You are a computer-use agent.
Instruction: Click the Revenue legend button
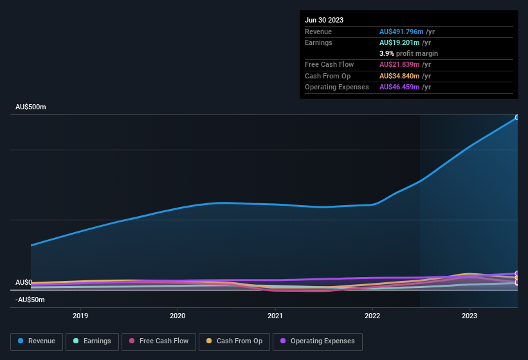[37, 341]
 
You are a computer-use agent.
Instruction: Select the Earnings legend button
[91, 341]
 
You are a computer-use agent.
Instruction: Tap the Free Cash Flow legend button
[159, 341]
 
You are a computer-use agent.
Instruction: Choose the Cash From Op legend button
[234, 341]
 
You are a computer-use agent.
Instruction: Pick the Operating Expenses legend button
[317, 341]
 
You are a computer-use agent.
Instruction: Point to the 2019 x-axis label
[80, 316]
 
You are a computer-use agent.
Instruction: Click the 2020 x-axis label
[178, 316]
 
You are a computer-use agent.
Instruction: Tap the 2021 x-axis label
[275, 316]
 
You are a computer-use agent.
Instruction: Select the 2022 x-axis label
[372, 316]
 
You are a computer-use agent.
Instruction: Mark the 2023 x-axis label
[469, 316]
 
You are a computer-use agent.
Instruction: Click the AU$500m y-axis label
[31, 107]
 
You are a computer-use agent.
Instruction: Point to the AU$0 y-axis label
[24, 283]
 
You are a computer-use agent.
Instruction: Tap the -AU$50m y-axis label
[30, 300]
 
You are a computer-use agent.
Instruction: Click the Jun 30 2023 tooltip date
[324, 20]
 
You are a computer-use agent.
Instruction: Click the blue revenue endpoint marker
[517, 118]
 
